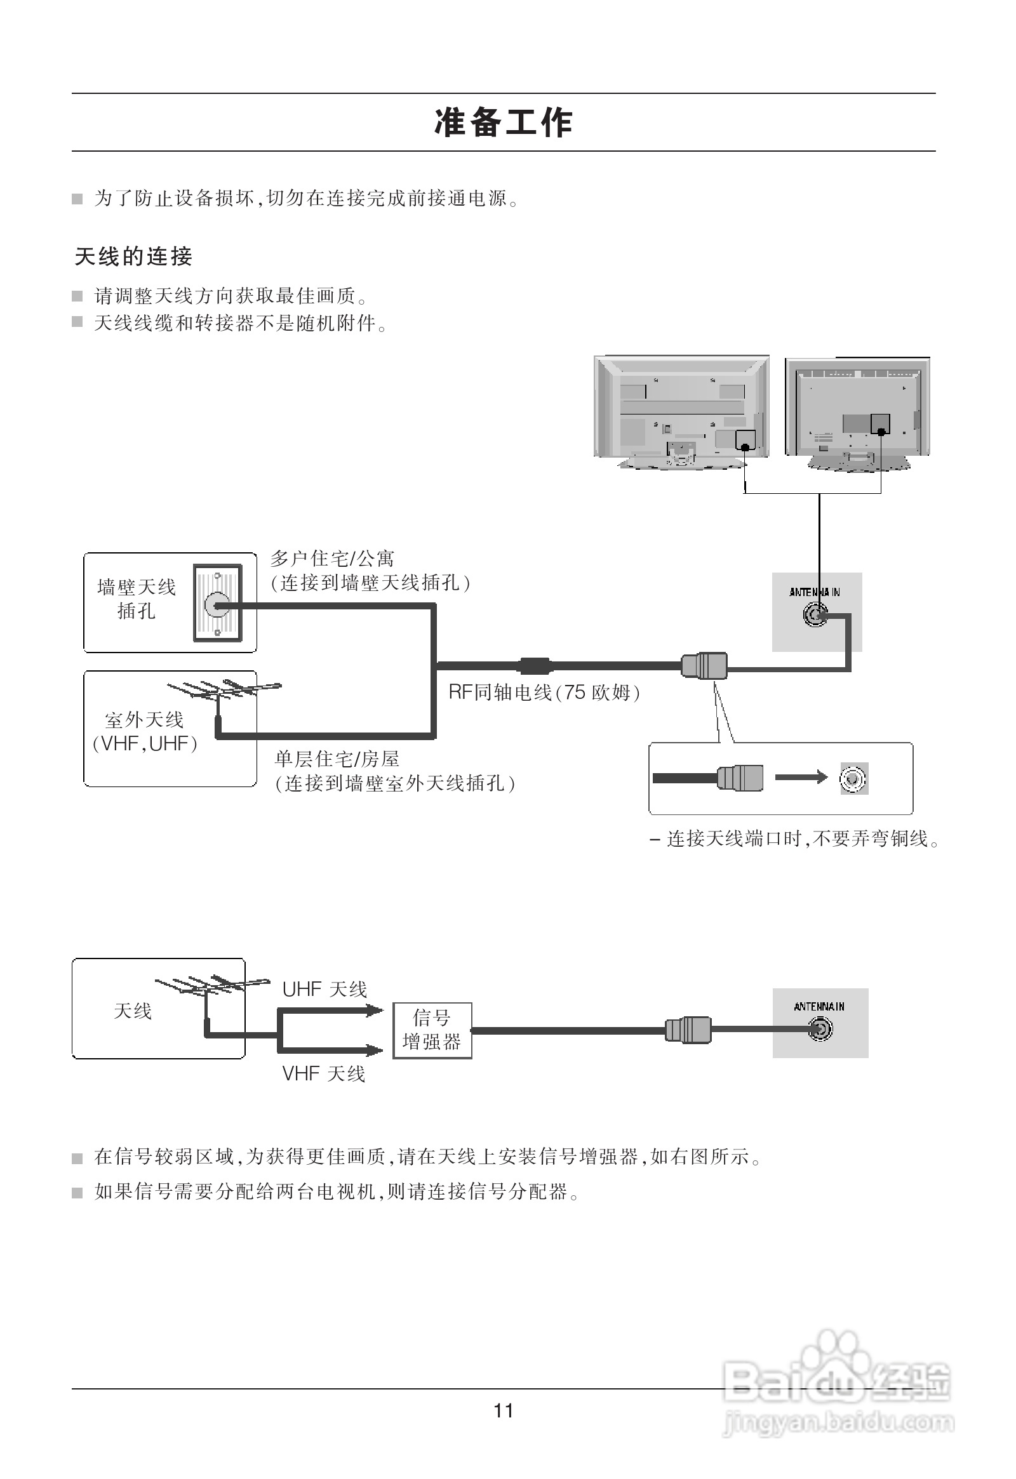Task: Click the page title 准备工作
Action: (504, 123)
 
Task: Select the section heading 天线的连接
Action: (133, 256)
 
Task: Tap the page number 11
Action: (503, 1411)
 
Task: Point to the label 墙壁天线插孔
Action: (136, 599)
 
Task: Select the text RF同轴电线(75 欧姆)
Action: (544, 693)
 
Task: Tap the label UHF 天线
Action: (324, 990)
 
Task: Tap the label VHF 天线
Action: (323, 1074)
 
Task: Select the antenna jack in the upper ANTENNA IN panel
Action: (814, 615)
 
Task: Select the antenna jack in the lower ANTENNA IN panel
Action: (820, 1030)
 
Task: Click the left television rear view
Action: (681, 411)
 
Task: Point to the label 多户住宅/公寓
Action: (332, 559)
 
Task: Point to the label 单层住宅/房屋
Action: (337, 759)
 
